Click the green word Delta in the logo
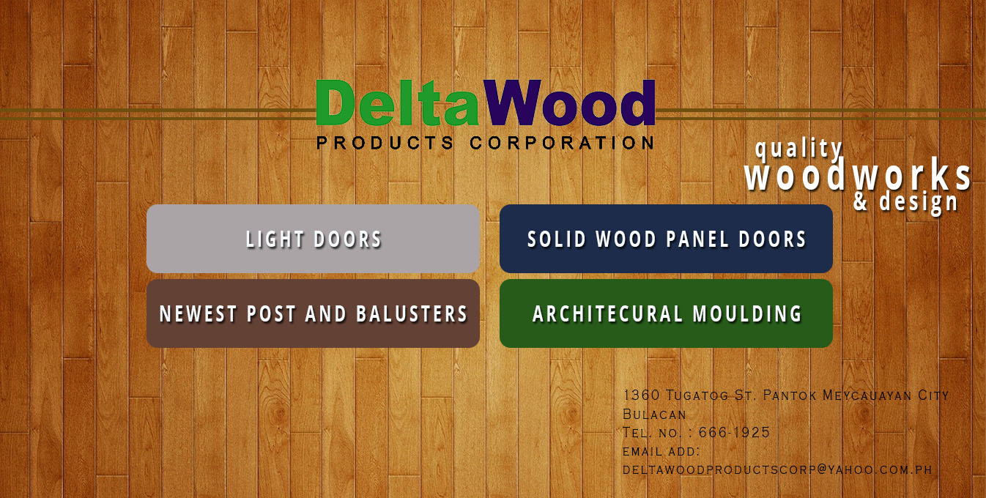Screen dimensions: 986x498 coord(397,103)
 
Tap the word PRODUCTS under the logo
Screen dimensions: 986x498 coord(385,143)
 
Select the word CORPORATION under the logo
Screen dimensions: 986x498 coord(562,143)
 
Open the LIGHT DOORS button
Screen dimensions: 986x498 coord(313,239)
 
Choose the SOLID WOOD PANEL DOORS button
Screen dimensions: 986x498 coord(666,239)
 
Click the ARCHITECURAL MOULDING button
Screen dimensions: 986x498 coord(666,313)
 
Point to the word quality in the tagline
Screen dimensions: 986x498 coord(798,149)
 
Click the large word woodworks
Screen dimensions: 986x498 coord(858,175)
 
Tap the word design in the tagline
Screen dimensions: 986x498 coord(919,202)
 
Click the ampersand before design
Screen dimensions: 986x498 coord(861,201)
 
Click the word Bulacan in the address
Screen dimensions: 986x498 coord(655,415)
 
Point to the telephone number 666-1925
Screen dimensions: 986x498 coord(734,432)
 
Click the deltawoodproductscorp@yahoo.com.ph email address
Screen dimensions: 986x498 coord(777,470)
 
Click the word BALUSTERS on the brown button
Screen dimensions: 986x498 coord(412,313)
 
